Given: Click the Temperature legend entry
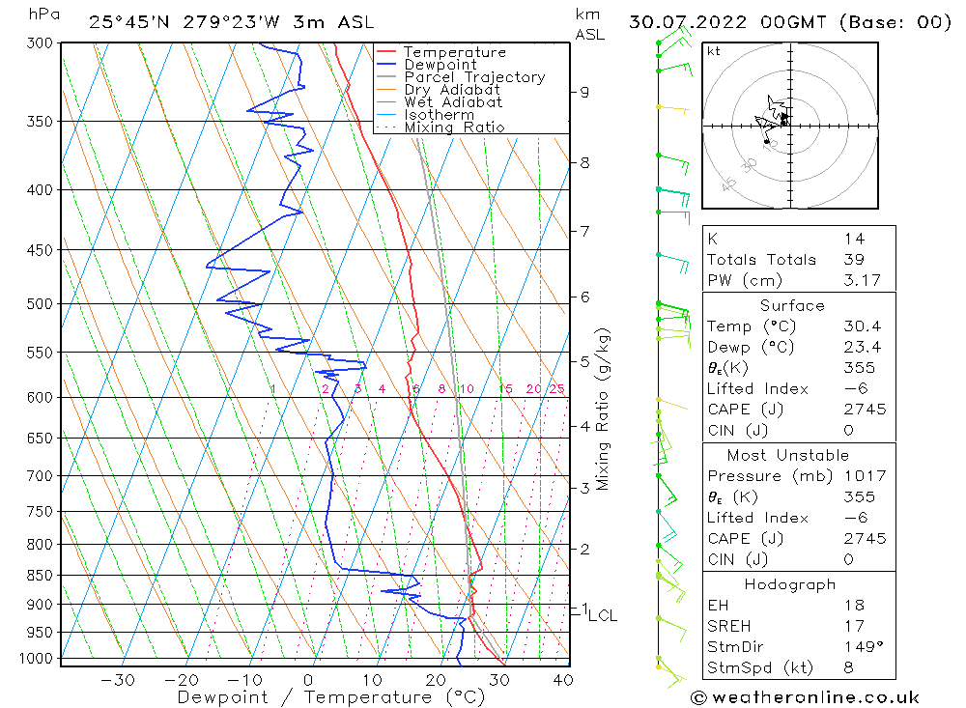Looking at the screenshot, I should coord(453,52).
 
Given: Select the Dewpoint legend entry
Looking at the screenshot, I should coord(440,65).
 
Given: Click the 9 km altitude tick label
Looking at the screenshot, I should coord(584,92).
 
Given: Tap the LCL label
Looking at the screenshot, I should coord(602,615).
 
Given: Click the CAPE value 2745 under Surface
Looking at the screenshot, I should coord(864,410).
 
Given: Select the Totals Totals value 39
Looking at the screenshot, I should coord(853,259).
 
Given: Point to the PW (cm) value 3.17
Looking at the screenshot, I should coord(860,280).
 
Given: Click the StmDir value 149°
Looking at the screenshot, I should coord(860,647).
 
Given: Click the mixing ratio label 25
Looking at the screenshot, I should coord(556,389).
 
